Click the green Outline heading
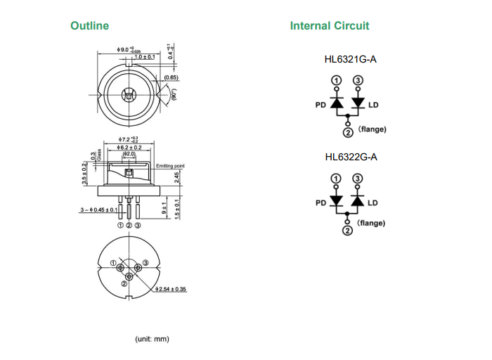(89, 26)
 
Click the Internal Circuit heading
(329, 26)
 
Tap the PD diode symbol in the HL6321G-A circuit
(337, 104)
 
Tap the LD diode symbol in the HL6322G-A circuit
(358, 201)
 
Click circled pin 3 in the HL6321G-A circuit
(358, 81)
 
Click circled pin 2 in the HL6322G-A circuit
(347, 231)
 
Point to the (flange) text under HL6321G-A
(372, 129)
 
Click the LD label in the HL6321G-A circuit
(373, 105)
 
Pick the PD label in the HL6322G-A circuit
(321, 202)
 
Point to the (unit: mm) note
(152, 339)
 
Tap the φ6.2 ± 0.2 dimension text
(130, 147)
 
